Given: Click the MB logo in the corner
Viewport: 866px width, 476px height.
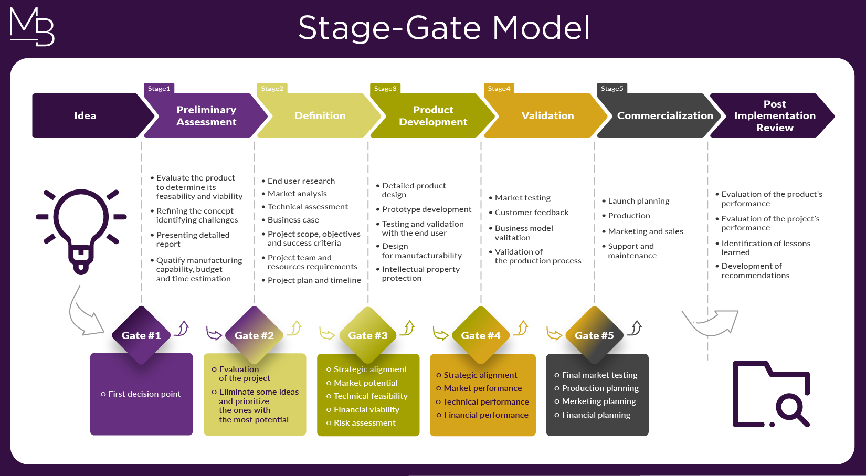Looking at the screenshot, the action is (x=31, y=27).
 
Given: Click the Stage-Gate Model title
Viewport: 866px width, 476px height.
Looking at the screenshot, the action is (x=444, y=28).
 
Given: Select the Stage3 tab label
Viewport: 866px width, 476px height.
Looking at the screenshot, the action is (x=385, y=89).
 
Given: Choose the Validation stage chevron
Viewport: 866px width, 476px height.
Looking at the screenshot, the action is (x=545, y=115).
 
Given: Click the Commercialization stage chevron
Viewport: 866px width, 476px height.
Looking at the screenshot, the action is (x=659, y=115).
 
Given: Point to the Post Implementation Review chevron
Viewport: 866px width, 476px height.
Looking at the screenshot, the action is (x=772, y=115).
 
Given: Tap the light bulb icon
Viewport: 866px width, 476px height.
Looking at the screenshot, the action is (x=81, y=231).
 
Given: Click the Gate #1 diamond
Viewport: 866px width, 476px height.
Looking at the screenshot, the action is (x=141, y=335).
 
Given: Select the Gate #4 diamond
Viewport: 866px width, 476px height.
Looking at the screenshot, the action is (x=481, y=335).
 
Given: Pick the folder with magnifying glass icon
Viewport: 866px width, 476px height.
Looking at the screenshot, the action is (x=772, y=394).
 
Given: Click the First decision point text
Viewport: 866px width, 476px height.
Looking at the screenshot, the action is (x=141, y=394).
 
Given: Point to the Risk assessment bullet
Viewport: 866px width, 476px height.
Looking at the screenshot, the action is (x=361, y=422).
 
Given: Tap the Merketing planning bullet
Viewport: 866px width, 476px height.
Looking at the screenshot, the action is (x=595, y=401).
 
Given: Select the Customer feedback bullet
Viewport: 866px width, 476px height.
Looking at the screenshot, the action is (x=529, y=213).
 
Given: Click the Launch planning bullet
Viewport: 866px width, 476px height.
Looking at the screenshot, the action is (x=636, y=201).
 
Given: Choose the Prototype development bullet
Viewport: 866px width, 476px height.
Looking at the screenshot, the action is (x=424, y=209).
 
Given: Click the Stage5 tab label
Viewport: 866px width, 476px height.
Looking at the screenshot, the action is (x=612, y=89).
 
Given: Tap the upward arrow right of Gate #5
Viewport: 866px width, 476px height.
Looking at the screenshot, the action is (x=635, y=328).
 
